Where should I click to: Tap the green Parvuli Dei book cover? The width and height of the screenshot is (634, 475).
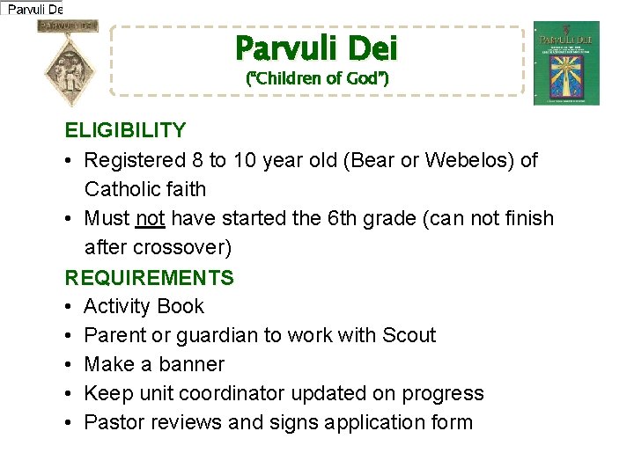(566, 63)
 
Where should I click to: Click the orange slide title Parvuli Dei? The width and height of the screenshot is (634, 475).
(316, 47)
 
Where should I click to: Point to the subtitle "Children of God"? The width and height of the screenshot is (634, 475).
(317, 78)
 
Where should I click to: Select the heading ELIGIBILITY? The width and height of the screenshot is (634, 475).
(125, 131)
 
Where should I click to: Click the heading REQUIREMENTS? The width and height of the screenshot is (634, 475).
(149, 278)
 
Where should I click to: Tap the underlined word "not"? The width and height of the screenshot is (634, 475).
(151, 218)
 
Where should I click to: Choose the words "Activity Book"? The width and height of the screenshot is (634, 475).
(144, 306)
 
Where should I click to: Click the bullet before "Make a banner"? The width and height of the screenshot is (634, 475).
(70, 364)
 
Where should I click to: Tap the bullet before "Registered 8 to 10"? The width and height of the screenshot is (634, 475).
(70, 160)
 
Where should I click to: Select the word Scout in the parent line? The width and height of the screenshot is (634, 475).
(409, 335)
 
